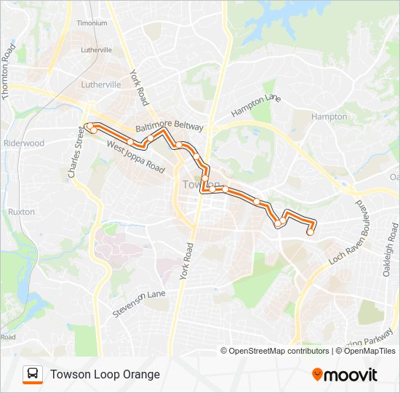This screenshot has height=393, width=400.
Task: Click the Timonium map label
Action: pyautogui.click(x=92, y=23)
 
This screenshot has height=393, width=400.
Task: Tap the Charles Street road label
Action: pyautogui.click(x=76, y=153)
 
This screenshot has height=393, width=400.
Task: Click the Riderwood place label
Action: pyautogui.click(x=24, y=143)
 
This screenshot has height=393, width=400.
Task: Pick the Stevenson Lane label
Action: pyautogui.click(x=139, y=303)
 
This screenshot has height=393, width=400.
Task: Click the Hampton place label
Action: pyautogui.click(x=329, y=116)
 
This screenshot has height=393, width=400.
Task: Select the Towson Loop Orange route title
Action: pyautogui.click(x=105, y=374)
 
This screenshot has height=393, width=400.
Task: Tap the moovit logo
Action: pyautogui.click(x=345, y=375)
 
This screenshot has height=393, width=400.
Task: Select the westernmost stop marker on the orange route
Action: pyautogui.click(x=91, y=129)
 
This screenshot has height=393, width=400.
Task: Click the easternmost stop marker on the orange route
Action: pyautogui.click(x=311, y=232)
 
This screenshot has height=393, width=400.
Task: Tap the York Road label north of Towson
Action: pyautogui.click(x=139, y=87)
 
